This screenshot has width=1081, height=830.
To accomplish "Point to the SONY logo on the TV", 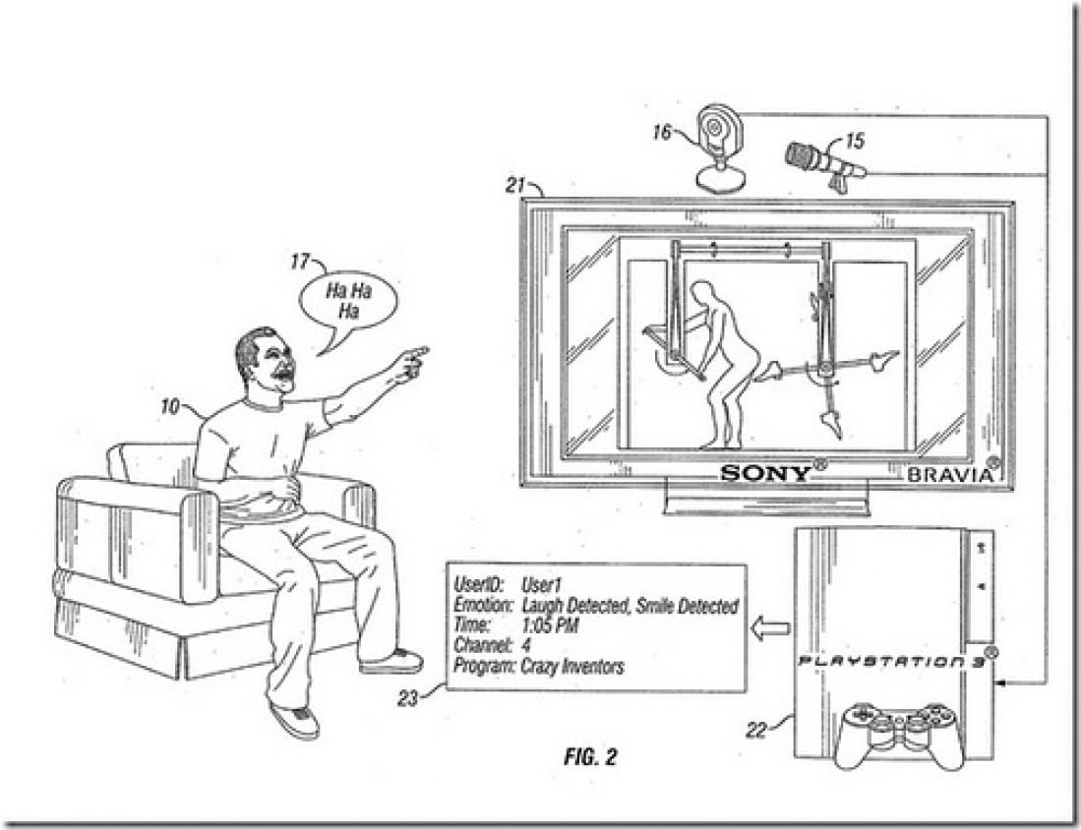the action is coord(766,473).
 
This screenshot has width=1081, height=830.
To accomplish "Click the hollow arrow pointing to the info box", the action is coord(770,628).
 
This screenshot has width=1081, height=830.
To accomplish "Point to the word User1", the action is coord(542,585).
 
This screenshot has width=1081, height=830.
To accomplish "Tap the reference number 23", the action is coord(407,698).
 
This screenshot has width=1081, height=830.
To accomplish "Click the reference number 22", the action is coord(756,730).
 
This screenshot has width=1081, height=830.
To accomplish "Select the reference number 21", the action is coord(515,186).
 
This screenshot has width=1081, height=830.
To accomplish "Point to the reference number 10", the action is coord(169,407).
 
